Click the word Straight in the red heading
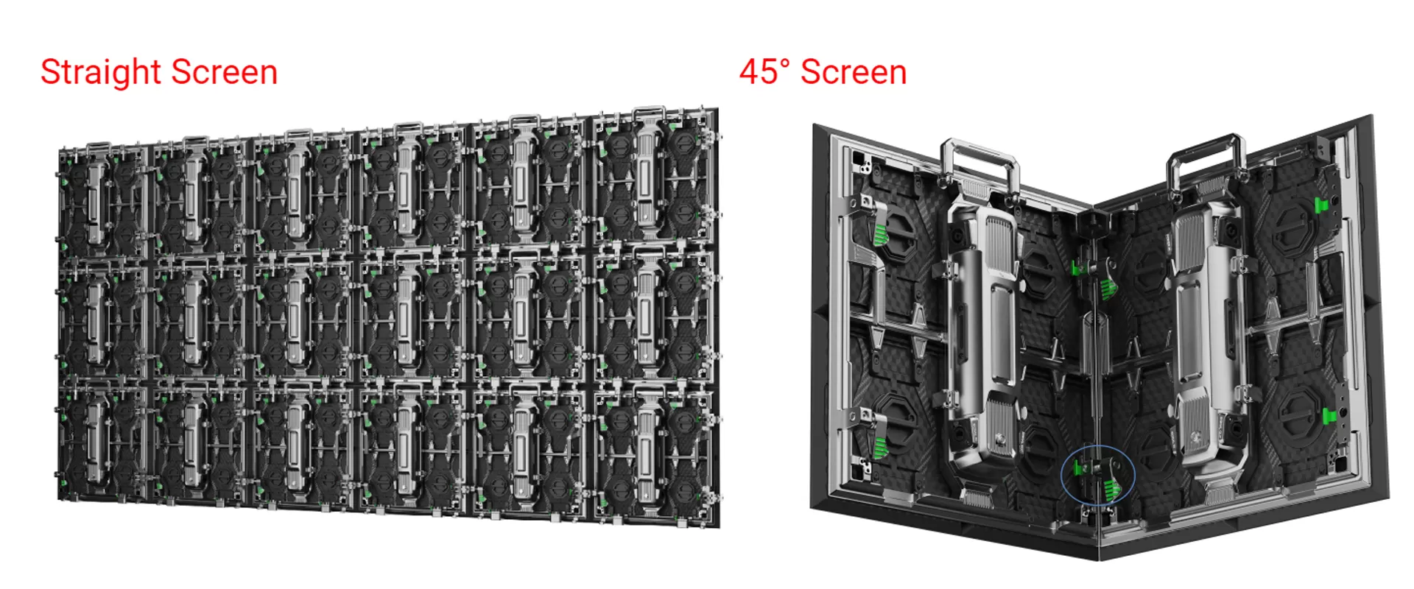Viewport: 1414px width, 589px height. pos(101,73)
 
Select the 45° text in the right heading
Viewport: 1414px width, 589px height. pos(764,72)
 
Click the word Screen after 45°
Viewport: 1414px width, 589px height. pos(854,72)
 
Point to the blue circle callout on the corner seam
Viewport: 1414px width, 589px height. pos(1097,476)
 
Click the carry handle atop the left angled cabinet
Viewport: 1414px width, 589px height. pos(979,162)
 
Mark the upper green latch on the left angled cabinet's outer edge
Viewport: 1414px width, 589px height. pos(879,234)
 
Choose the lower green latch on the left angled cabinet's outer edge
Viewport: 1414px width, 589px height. pos(879,445)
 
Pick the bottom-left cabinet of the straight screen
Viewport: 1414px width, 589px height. pos(103,442)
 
